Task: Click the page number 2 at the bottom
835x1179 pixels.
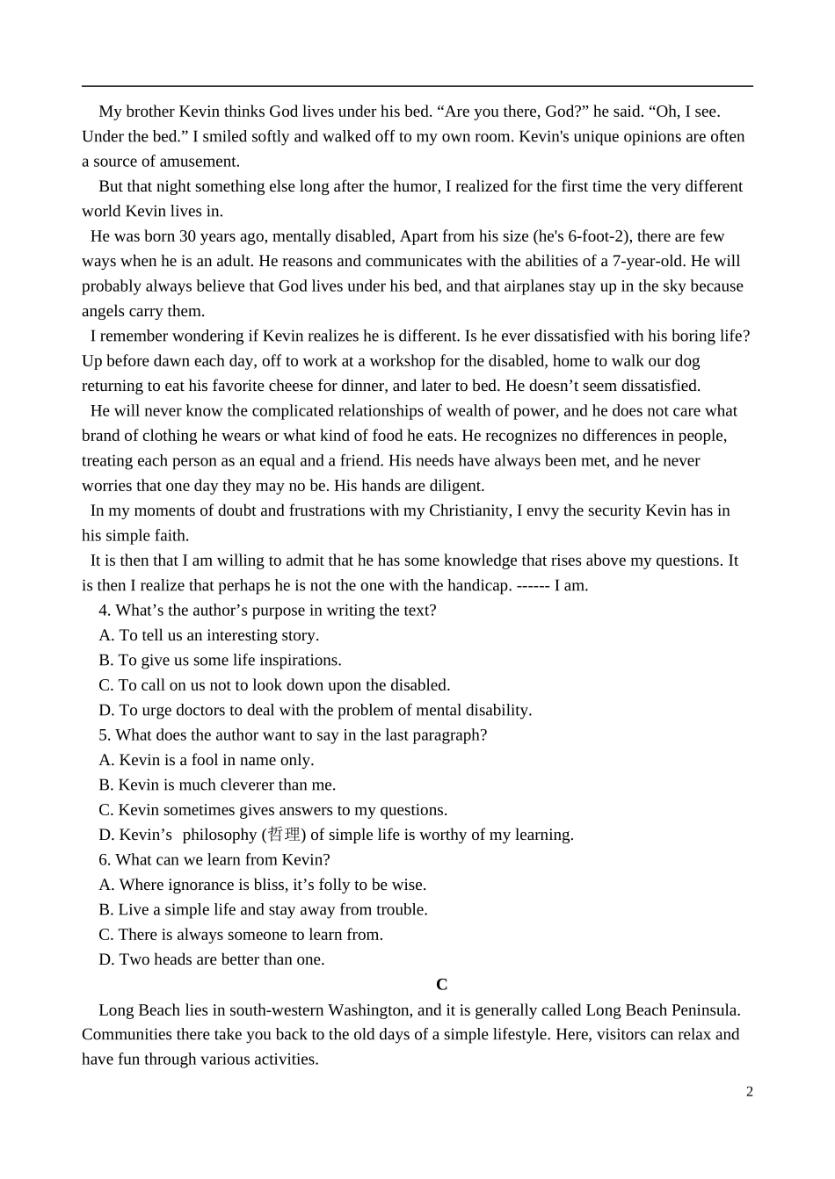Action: [x=749, y=1092]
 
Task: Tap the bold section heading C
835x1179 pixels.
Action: [x=441, y=985]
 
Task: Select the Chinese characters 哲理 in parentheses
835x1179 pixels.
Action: [x=283, y=835]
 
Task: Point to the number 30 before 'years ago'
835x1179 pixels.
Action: [x=187, y=236]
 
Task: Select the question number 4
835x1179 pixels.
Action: [x=104, y=611]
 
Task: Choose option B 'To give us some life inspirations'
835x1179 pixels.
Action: [x=220, y=661]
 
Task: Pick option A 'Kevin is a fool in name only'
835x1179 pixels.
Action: [x=206, y=760]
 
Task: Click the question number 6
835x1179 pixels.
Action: [x=104, y=860]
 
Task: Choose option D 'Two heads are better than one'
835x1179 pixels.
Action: [x=211, y=959]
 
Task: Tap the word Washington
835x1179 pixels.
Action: [x=362, y=1010]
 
